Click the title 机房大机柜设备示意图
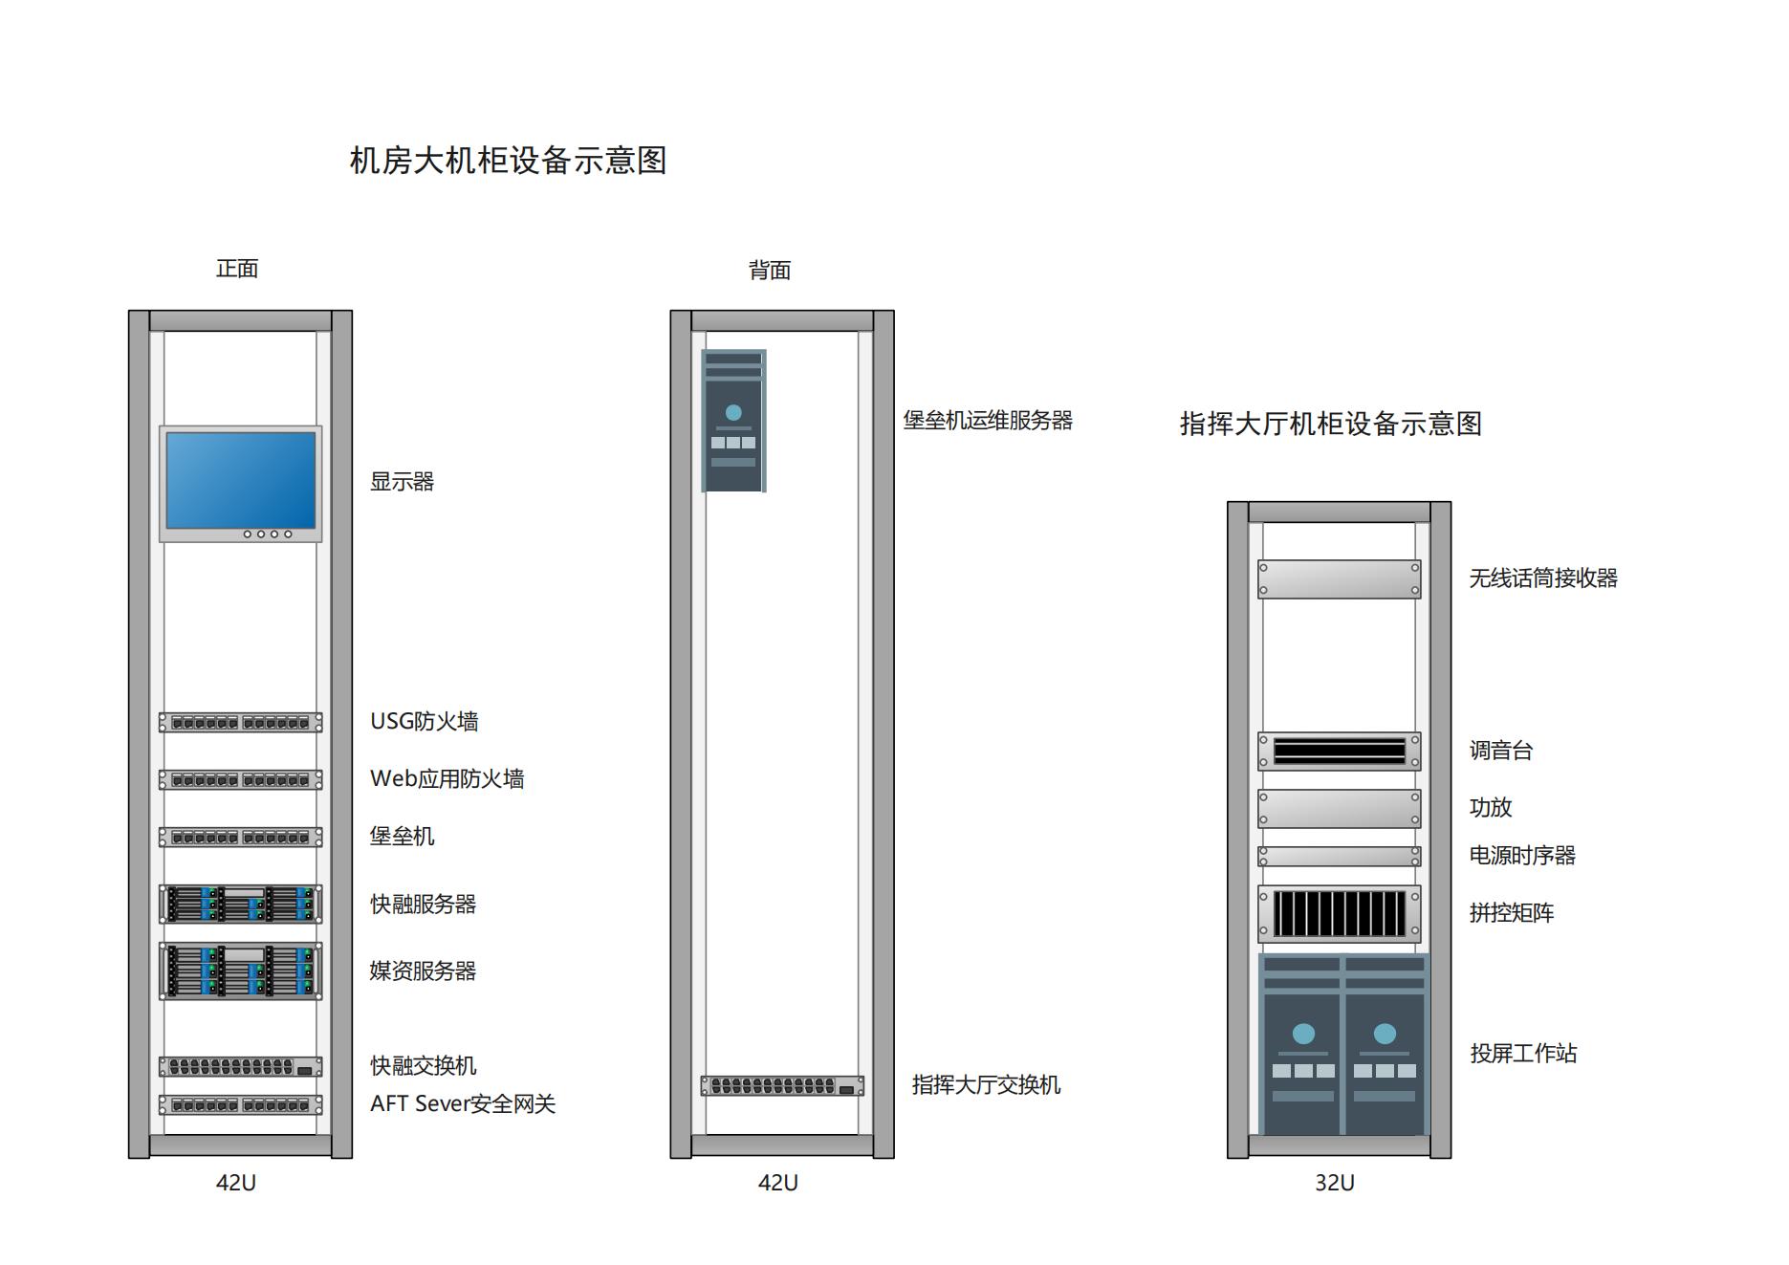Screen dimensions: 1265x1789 click(508, 160)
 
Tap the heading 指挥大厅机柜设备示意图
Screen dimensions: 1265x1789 click(1330, 424)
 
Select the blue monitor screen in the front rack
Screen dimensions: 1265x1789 click(240, 479)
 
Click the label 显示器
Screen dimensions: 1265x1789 click(402, 482)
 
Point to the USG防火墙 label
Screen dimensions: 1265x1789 click(424, 721)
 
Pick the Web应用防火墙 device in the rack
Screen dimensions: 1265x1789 click(240, 779)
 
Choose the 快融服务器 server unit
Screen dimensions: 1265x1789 click(240, 904)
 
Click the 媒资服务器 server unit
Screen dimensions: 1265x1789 click(240, 971)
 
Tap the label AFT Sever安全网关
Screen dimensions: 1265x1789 click(463, 1103)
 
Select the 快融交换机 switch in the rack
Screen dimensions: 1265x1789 click(240, 1066)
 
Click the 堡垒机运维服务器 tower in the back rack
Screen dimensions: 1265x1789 click(733, 421)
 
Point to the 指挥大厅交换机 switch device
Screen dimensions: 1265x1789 click(782, 1085)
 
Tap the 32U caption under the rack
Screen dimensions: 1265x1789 click(1334, 1183)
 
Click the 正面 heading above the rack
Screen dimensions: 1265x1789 click(237, 269)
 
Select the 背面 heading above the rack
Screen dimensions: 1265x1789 click(770, 271)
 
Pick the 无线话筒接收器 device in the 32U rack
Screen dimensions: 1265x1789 click(1339, 578)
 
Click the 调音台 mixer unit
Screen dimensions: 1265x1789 click(1339, 751)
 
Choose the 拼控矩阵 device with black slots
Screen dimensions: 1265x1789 click(1339, 913)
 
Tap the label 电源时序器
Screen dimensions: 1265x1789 click(1522, 855)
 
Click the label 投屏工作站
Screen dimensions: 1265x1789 click(1523, 1053)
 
